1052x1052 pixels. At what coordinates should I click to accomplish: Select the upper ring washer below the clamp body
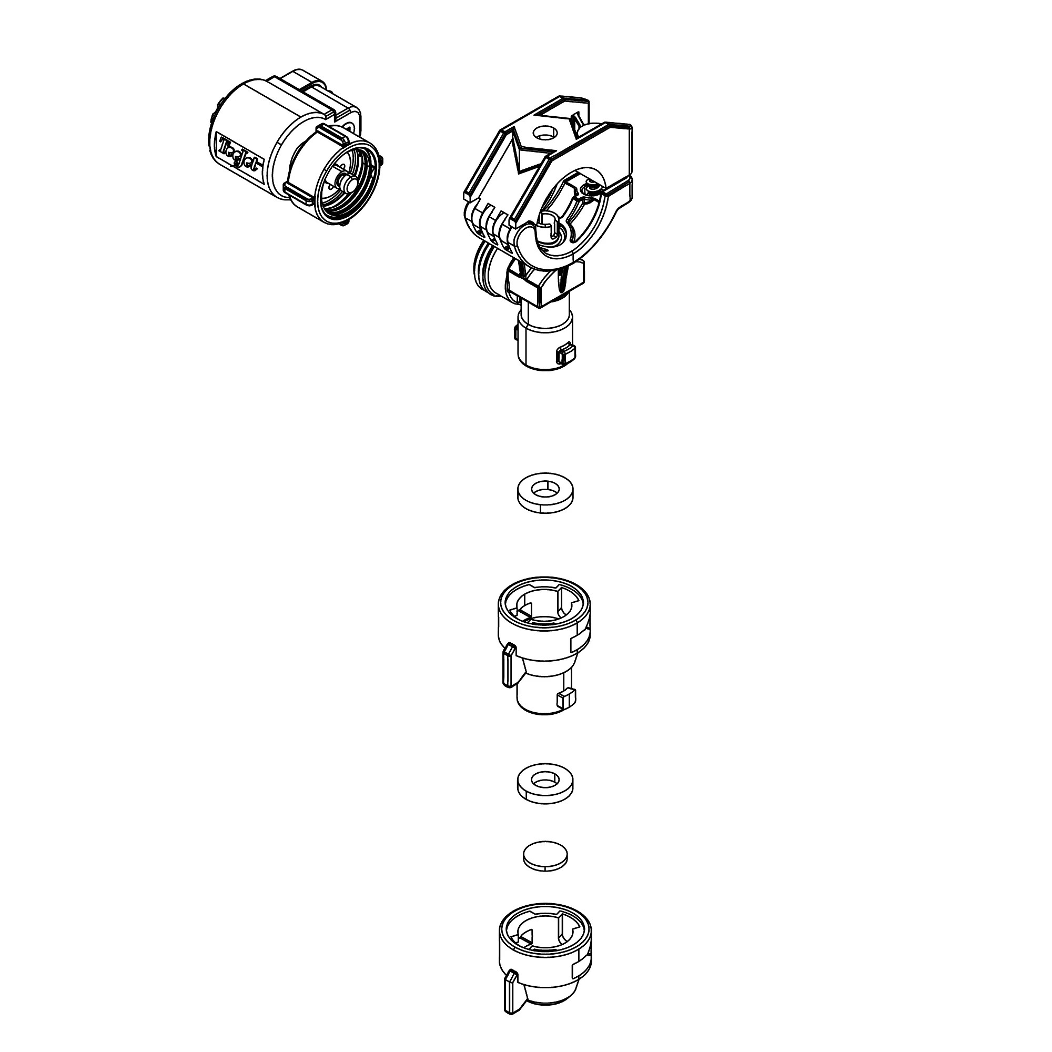pos(545,492)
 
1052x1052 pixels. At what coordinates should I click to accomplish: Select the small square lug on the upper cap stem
pos(567,696)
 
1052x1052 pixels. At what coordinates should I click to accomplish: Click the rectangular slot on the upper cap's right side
pos(579,643)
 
